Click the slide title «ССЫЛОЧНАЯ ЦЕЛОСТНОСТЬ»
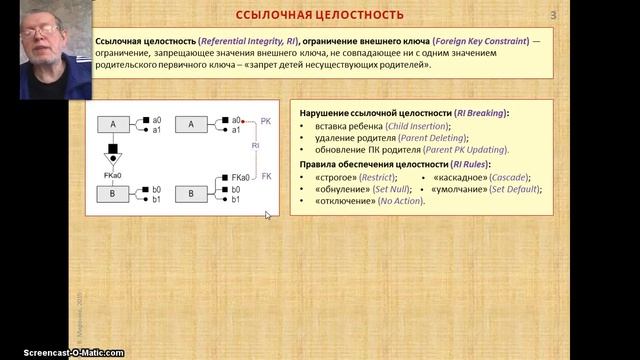[319, 15]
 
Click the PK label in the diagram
[266, 120]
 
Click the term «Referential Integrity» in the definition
[237, 40]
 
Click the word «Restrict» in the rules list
[370, 177]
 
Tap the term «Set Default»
[506, 189]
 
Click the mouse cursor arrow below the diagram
[267, 214]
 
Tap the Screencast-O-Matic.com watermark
[62, 352]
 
